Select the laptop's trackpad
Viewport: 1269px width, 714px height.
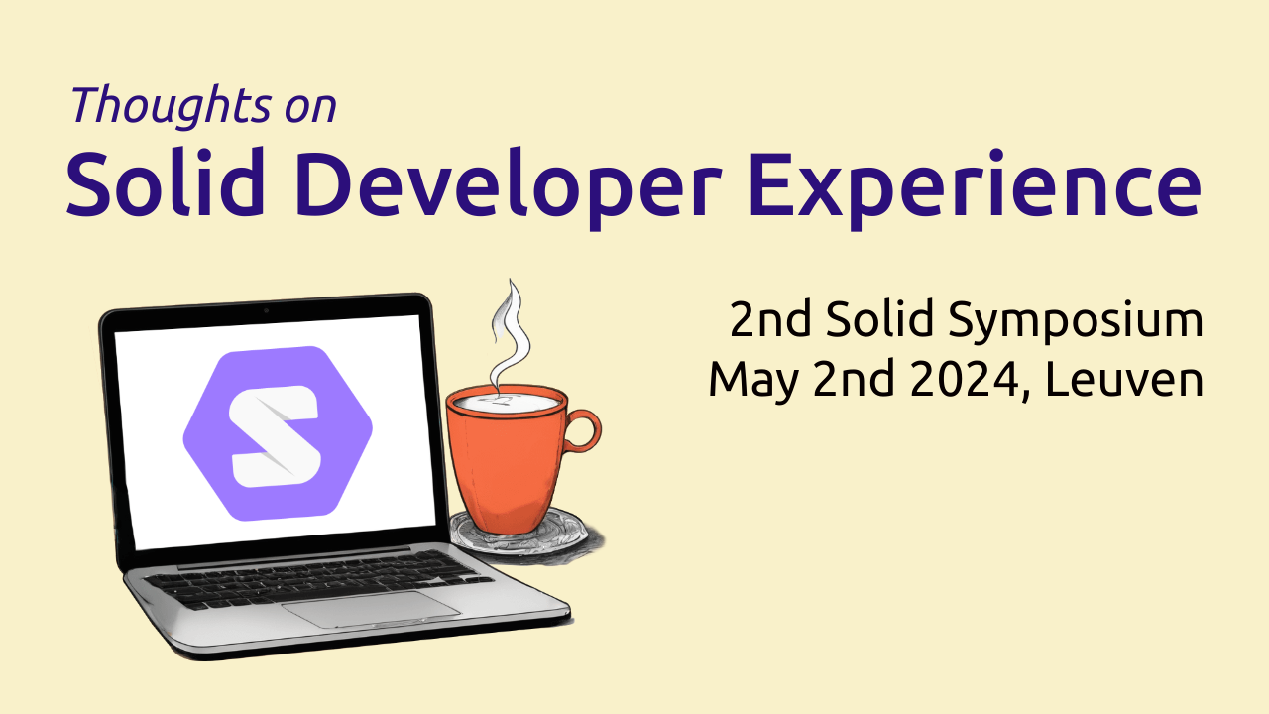(x=372, y=608)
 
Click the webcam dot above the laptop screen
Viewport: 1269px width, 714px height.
(x=266, y=311)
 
